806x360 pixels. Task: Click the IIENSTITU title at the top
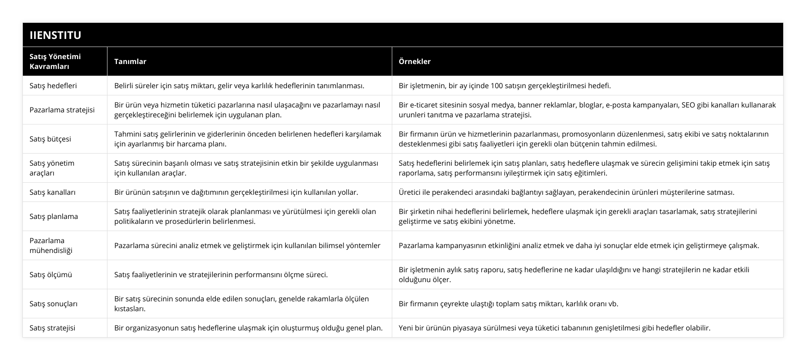(x=56, y=35)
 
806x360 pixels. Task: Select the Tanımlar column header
(x=130, y=61)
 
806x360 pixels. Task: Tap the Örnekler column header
(x=415, y=61)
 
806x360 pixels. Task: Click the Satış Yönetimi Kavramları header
(x=55, y=61)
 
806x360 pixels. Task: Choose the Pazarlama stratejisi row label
(x=62, y=110)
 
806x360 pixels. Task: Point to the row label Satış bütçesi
(x=50, y=139)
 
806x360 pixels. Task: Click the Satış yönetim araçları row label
(x=52, y=168)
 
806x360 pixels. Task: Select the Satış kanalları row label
(x=52, y=192)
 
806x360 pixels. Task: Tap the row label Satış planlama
(x=54, y=216)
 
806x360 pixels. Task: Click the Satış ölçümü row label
(x=51, y=274)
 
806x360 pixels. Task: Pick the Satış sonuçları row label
(x=53, y=304)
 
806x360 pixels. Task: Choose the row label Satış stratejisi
(x=52, y=328)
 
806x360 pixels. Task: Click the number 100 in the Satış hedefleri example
(x=497, y=86)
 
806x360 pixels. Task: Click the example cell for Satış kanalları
(x=566, y=192)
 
